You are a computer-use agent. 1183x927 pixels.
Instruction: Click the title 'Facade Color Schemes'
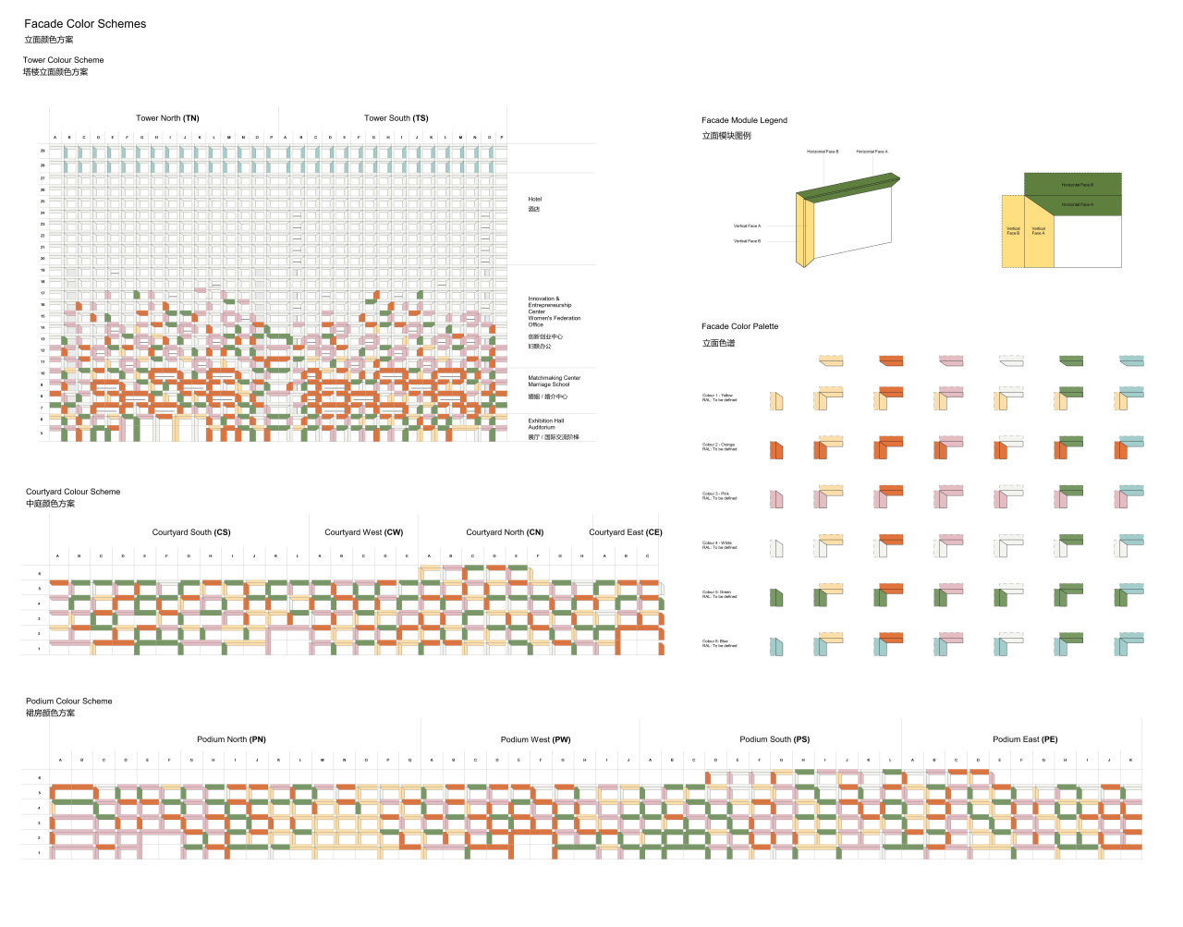pos(85,24)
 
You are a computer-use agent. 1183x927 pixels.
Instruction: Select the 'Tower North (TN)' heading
pos(167,118)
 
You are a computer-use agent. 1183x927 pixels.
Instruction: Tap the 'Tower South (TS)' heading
pos(396,118)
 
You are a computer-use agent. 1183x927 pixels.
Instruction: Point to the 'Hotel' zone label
pos(535,200)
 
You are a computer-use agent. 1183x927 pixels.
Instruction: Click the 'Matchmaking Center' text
pos(555,378)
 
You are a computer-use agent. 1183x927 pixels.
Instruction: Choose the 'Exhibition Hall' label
pos(546,421)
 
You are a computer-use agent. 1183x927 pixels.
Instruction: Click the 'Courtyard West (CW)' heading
pos(363,532)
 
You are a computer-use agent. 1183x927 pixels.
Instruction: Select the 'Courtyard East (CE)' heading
pos(626,532)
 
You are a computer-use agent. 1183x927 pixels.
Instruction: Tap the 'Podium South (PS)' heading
pos(774,739)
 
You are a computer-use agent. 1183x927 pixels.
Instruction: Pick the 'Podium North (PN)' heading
pos(231,739)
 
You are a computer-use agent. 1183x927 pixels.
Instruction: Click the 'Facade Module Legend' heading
pos(744,120)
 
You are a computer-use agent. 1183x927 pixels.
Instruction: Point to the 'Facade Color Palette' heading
pos(739,326)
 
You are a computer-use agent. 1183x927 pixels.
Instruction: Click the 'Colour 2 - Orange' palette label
pos(719,445)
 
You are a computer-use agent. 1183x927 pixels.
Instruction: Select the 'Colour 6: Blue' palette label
pos(716,641)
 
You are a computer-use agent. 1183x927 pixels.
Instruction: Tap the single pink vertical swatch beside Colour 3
pos(776,499)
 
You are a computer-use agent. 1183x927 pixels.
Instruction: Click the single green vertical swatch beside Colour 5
pos(776,598)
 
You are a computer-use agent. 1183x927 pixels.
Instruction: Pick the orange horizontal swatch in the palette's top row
pos(891,360)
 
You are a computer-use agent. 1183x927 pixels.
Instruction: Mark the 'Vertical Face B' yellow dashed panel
pos(1013,231)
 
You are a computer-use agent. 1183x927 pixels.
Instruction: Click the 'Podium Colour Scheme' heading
pos(69,701)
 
